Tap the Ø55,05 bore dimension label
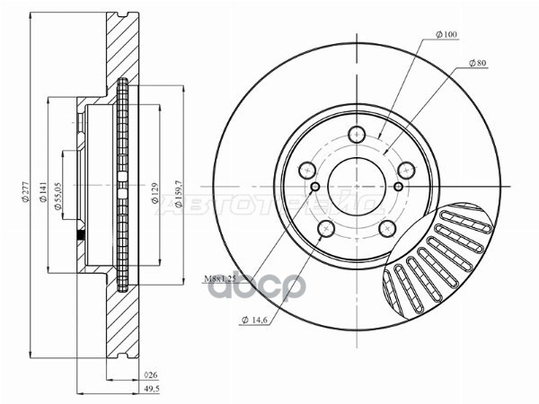point(57,192)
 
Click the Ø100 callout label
point(447,34)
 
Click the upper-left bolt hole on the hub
point(307,170)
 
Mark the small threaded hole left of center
point(315,187)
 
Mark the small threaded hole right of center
point(399,186)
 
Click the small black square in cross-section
point(82,236)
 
